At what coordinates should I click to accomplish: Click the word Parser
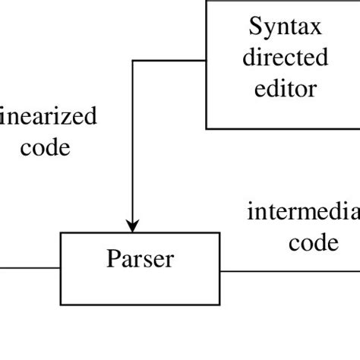141,259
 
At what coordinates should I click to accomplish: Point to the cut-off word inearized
49,117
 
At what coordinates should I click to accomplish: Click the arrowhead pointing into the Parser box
133,226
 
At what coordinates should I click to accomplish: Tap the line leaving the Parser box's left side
30,268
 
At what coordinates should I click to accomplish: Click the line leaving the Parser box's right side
289,268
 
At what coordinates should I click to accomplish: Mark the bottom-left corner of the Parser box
61,303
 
